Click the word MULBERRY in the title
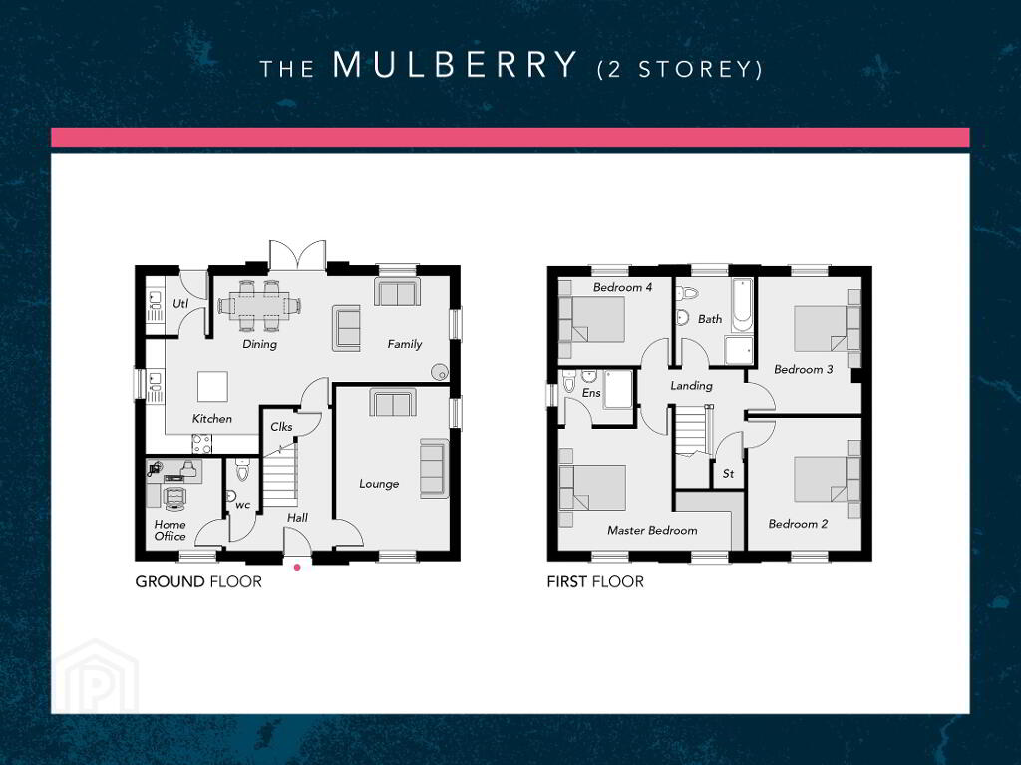[455, 65]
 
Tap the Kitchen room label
[212, 419]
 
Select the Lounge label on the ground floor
[379, 484]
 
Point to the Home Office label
[170, 530]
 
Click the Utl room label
[180, 303]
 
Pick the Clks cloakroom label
[281, 427]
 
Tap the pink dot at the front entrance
[297, 567]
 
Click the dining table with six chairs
[260, 305]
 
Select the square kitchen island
[213, 387]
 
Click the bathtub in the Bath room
[742, 305]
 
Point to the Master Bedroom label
[652, 531]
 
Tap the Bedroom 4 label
[622, 287]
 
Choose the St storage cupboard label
[728, 474]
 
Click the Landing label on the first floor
[692, 386]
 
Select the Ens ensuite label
[591, 393]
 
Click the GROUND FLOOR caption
[198, 581]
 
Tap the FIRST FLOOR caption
[595, 581]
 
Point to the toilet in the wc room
[242, 470]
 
